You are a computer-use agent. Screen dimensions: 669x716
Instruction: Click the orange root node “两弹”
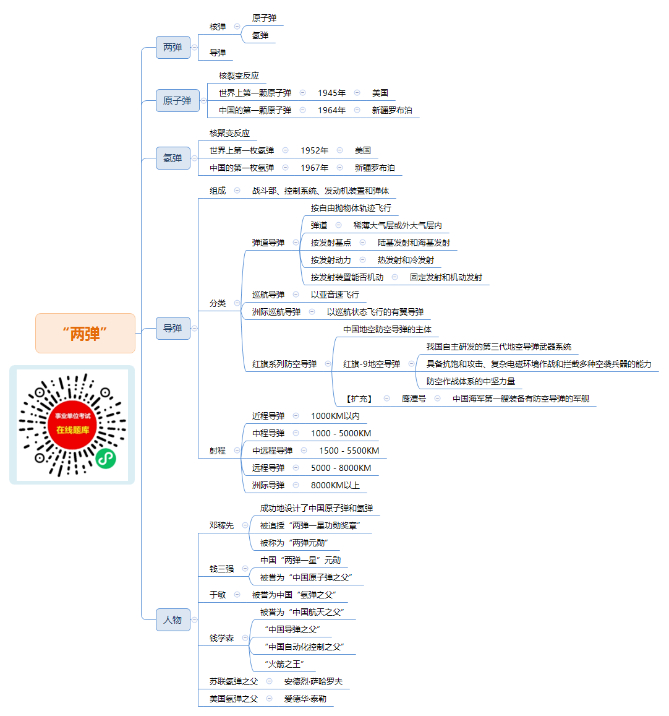pos(85,334)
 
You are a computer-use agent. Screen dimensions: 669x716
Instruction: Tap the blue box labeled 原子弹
pos(177,100)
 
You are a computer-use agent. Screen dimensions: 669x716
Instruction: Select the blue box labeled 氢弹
pos(173,158)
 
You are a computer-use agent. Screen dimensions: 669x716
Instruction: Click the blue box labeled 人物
pos(173,619)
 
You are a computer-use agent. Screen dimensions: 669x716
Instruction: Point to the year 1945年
pos(332,93)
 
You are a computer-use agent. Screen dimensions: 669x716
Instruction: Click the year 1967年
pos(315,168)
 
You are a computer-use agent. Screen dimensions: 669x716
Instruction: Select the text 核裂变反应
pos(239,75)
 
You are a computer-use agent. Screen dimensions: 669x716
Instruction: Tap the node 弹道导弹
pos(268,243)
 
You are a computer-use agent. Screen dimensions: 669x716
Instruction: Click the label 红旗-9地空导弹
pos(372,364)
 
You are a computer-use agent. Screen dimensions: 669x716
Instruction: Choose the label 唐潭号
pos(414,399)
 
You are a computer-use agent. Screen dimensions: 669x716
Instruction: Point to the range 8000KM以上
pos(335,485)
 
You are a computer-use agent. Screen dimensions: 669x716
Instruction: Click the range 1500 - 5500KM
pos(349,451)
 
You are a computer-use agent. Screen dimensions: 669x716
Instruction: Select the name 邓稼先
pos(221,525)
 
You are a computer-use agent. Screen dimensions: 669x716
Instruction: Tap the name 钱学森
pos(221,638)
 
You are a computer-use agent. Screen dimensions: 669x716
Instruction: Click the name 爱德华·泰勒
pos(305,699)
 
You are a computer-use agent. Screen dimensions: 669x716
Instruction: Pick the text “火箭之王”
pos(284,664)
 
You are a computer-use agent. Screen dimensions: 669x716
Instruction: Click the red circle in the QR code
pos(72,425)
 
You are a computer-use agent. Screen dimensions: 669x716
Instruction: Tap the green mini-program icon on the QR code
pos(105,458)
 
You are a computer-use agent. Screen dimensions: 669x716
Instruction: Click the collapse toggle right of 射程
pos(237,451)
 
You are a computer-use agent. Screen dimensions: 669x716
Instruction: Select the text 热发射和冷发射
pos(406,261)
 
